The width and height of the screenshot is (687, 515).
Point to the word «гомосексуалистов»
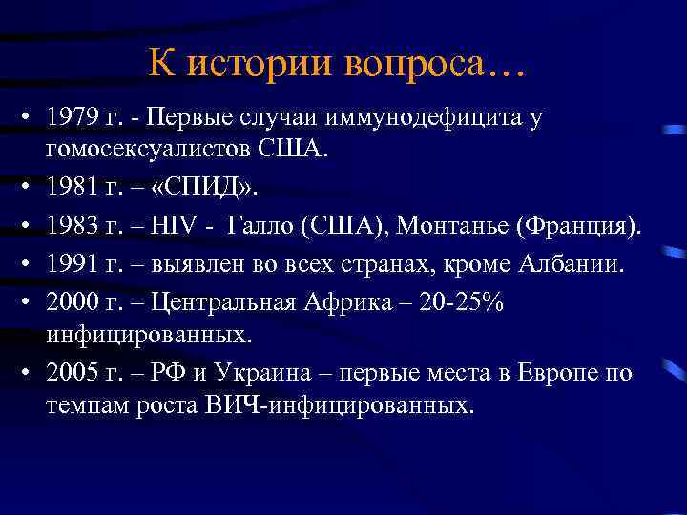point(148,149)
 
